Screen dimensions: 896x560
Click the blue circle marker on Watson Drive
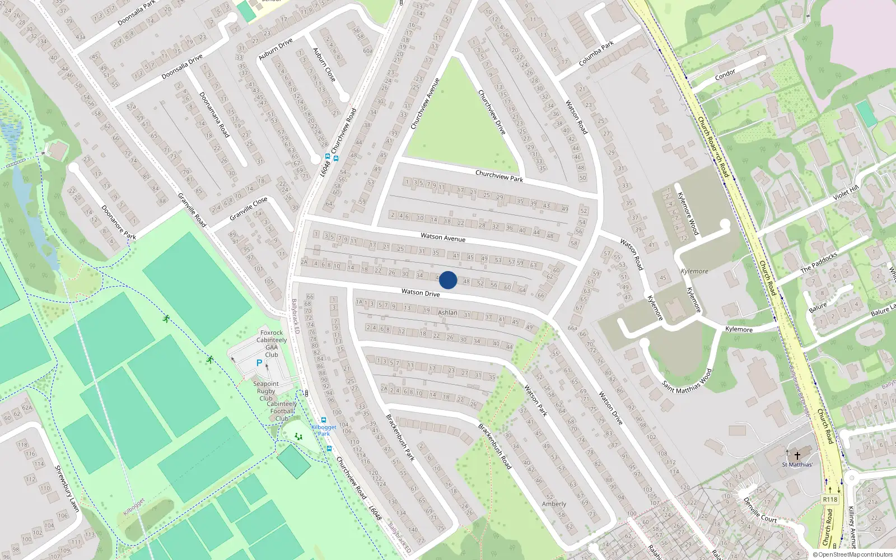[448, 280]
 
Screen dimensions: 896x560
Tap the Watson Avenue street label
[443, 237]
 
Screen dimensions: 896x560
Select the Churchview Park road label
[499, 176]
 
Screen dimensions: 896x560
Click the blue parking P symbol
[259, 363]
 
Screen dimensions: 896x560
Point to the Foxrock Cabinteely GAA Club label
[272, 343]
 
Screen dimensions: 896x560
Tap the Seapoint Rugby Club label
[266, 391]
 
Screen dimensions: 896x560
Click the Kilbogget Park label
[324, 430]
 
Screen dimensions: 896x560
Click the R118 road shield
[830, 500]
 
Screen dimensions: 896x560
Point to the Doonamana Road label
[214, 115]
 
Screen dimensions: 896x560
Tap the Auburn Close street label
[324, 64]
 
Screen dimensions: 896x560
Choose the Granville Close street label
[249, 208]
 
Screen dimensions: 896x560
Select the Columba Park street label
[596, 53]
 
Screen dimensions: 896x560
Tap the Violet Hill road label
[846, 193]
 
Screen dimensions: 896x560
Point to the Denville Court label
[760, 510]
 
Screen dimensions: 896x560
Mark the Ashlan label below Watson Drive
[447, 312]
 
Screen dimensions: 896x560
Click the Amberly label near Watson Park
[554, 504]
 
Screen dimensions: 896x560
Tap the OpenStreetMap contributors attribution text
[855, 555]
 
